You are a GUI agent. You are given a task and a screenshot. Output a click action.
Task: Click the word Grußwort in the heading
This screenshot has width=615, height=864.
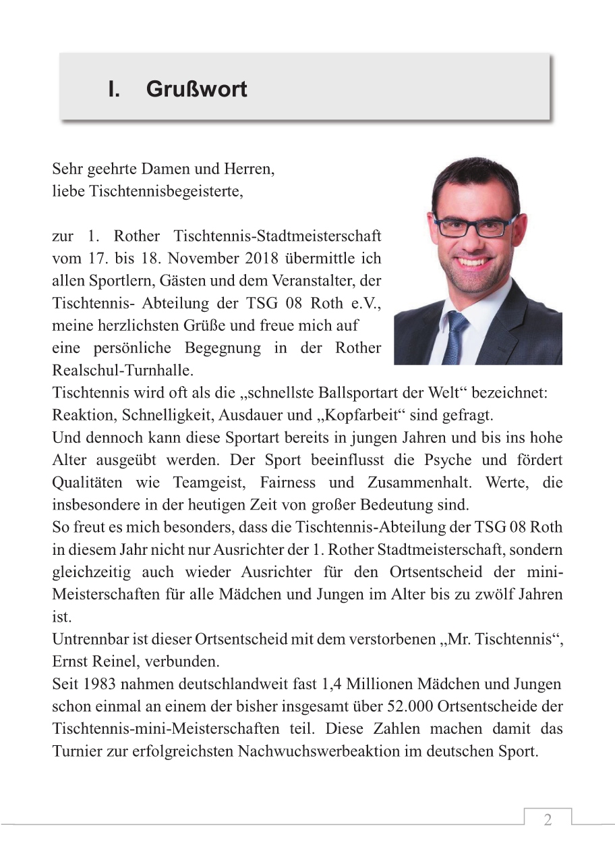tap(196, 90)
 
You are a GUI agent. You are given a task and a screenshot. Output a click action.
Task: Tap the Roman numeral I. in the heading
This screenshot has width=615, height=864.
tap(114, 90)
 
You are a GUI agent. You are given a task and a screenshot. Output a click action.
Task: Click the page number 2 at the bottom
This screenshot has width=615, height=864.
tap(548, 820)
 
